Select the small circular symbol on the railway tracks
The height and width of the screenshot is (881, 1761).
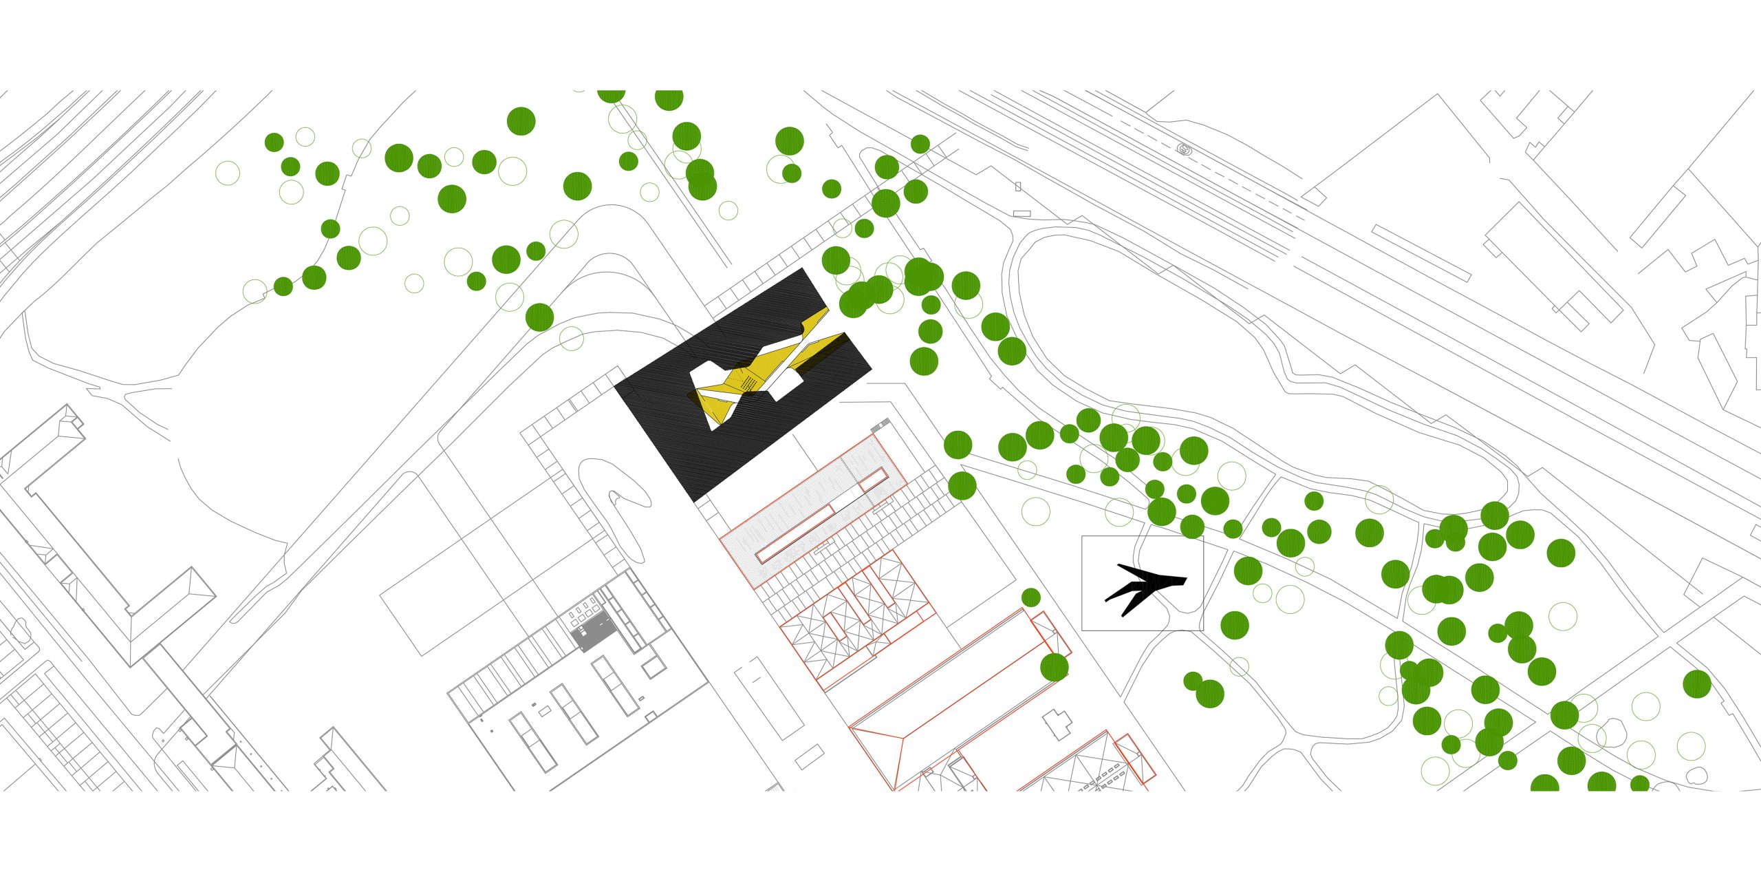pyautogui.click(x=1183, y=148)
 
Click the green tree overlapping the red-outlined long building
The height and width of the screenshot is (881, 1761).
pyautogui.click(x=1054, y=667)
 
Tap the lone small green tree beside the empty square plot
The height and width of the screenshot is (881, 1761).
pyautogui.click(x=1030, y=597)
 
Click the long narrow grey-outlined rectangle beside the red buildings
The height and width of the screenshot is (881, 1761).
pyautogui.click(x=768, y=698)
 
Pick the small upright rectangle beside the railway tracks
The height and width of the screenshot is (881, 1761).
pyautogui.click(x=1018, y=187)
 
